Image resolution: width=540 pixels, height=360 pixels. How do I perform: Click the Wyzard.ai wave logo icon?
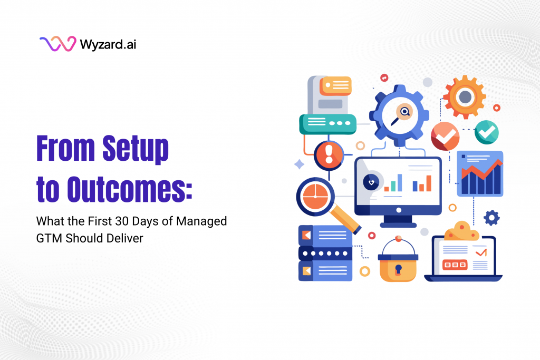point(57,44)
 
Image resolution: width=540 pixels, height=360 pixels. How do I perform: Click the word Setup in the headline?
point(136,149)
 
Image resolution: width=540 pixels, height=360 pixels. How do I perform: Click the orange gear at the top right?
point(464,96)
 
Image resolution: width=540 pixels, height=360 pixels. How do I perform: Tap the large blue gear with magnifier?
point(400,112)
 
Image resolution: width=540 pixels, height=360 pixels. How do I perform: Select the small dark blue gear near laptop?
point(491,217)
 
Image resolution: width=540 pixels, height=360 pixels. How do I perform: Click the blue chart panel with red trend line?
point(480,174)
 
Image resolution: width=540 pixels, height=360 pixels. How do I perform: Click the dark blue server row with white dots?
point(325,253)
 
